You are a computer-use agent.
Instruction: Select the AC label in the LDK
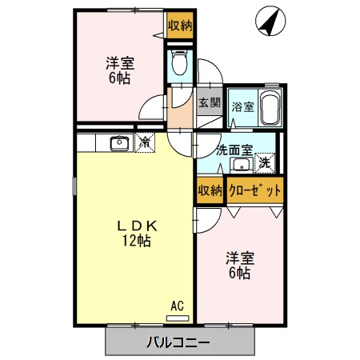click(178, 305)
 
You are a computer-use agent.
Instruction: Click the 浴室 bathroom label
click(243, 107)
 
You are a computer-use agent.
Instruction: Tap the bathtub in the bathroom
click(270, 108)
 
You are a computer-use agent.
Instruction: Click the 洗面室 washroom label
click(234, 149)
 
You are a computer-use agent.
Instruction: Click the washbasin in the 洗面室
click(240, 165)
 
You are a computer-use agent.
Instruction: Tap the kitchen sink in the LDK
click(120, 143)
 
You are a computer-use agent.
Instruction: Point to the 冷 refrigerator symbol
click(145, 143)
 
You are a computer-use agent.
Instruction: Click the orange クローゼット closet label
click(254, 190)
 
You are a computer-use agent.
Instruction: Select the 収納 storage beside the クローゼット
click(210, 190)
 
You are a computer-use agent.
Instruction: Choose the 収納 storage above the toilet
click(179, 25)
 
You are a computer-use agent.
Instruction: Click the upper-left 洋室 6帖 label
click(122, 70)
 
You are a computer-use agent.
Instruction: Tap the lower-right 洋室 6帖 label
click(239, 265)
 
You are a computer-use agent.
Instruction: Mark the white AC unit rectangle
click(175, 318)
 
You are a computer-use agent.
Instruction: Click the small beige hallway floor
click(182, 114)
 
